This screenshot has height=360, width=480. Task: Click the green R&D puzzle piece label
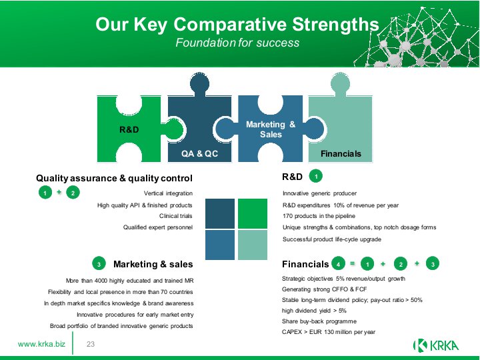(x=129, y=129)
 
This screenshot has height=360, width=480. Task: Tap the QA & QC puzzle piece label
(x=199, y=153)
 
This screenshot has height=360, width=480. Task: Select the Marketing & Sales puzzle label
(x=271, y=129)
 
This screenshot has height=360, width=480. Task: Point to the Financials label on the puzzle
(x=341, y=154)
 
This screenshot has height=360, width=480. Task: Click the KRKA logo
(x=435, y=345)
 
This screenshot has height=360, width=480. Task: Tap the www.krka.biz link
(x=41, y=344)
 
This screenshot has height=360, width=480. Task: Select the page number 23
(x=91, y=344)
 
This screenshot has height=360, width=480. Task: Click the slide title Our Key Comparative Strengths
(x=237, y=24)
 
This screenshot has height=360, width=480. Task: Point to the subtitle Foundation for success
(x=237, y=43)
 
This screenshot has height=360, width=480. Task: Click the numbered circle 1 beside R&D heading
(x=316, y=176)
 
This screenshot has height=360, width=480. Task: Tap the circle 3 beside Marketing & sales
(x=99, y=263)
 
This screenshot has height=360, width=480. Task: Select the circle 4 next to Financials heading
(x=338, y=263)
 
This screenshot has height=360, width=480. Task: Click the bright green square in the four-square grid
(x=253, y=214)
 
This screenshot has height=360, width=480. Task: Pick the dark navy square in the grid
(x=220, y=214)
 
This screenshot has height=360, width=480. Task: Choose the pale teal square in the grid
(x=253, y=245)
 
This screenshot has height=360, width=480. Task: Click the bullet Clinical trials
(x=176, y=216)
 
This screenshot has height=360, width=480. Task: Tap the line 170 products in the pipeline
(x=319, y=216)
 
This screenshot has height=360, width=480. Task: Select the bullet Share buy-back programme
(x=319, y=321)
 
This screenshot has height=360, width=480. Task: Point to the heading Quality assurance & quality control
(x=114, y=178)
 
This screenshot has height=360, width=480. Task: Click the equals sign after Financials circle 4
(x=353, y=263)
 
